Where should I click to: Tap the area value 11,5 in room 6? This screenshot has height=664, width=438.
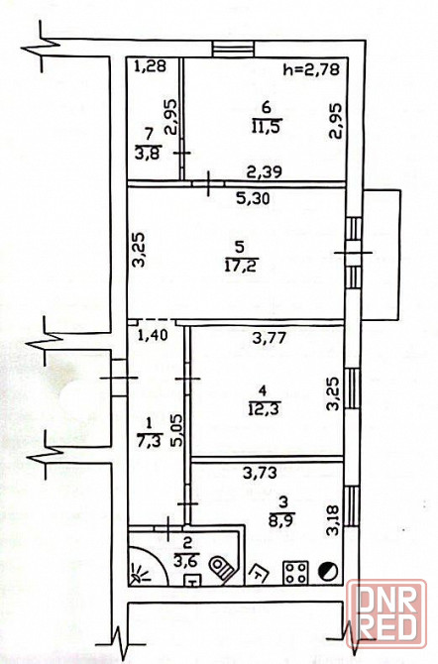[267, 127]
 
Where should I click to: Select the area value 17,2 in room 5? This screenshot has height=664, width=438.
[242, 266]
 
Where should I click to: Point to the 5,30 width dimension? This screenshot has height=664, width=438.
[253, 198]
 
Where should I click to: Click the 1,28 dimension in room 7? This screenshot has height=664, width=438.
[151, 66]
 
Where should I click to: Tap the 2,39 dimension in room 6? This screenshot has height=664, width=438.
[266, 171]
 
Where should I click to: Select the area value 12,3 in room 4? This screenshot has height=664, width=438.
[266, 409]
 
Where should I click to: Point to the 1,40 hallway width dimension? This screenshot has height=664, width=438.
[153, 335]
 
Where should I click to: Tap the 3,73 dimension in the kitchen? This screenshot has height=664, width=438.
[260, 472]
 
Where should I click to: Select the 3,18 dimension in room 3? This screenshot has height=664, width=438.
[334, 519]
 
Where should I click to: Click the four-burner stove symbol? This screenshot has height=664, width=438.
[295, 572]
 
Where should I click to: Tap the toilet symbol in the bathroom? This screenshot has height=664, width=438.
[222, 568]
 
